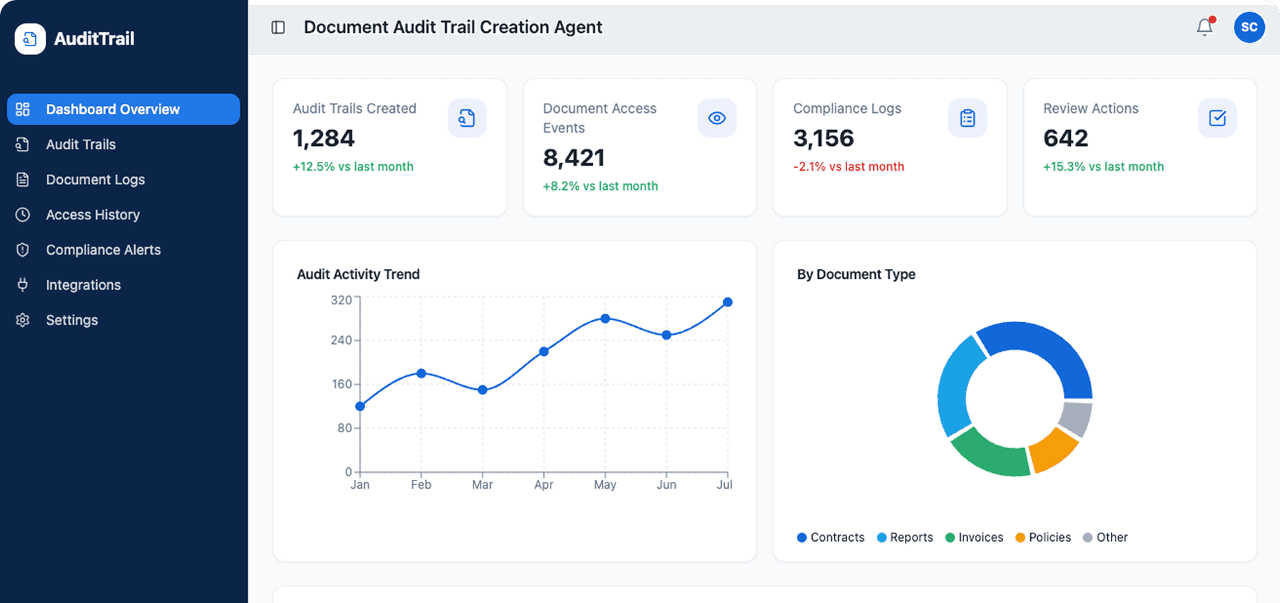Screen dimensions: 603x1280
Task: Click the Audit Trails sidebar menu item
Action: point(81,145)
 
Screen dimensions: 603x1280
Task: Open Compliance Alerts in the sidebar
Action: point(103,250)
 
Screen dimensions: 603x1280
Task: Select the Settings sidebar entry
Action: point(72,320)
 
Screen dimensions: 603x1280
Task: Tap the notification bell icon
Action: point(1204,28)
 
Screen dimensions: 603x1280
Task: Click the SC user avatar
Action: point(1249,28)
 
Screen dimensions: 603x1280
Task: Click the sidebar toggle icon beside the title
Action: point(278,28)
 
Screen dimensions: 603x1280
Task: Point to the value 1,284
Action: point(323,138)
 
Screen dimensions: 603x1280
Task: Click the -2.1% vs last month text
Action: point(849,167)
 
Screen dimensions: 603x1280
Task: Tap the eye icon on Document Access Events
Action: point(717,118)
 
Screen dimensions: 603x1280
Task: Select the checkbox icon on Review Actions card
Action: point(1217,118)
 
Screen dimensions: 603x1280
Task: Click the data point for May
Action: point(605,319)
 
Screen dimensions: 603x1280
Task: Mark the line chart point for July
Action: point(727,302)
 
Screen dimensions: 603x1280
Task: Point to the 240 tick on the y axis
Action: point(341,340)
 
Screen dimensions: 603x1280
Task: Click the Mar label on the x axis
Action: point(482,485)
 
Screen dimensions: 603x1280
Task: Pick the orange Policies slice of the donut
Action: point(1054,449)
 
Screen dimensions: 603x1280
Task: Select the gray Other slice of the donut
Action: point(1076,419)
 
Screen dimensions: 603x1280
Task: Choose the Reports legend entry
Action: point(905,538)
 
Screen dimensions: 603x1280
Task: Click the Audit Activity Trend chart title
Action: point(358,274)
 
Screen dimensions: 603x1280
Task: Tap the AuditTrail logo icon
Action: point(30,39)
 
